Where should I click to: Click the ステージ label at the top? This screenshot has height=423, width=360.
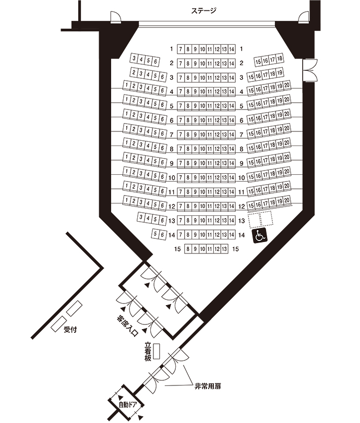tap(203, 10)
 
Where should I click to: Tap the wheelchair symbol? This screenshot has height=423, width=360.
tap(260, 236)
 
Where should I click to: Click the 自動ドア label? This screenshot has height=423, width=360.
tap(127, 405)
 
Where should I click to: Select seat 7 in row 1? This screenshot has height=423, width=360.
tap(181, 49)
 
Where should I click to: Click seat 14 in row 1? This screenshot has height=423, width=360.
tap(231, 49)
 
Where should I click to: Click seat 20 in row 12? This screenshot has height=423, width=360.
tap(287, 202)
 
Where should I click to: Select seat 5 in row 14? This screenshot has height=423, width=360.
tap(155, 234)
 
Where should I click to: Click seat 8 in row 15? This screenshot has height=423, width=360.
tap(188, 249)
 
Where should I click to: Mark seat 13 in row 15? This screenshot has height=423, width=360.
tap(224, 249)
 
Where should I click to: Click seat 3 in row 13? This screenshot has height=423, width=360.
tap(141, 217)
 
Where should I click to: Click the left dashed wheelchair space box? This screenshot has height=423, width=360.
tap(254, 220)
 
